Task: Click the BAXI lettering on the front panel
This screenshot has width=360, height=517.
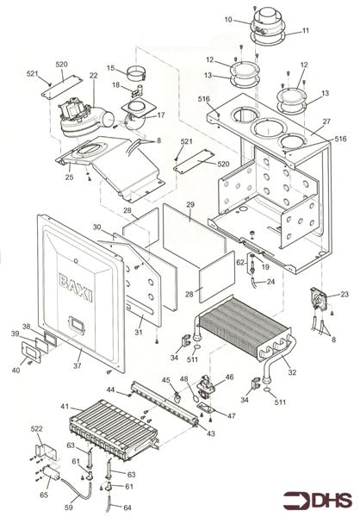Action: pos(76,286)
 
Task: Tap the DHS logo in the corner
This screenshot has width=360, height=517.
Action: pos(318,500)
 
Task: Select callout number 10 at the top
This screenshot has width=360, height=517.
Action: pos(228,20)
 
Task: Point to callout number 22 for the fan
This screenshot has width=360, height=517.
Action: pos(94,76)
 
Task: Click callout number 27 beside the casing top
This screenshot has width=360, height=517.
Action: pos(326,121)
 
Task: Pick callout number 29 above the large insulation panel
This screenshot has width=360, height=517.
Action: pos(190,204)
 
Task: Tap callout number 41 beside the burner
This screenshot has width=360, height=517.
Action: pos(65,406)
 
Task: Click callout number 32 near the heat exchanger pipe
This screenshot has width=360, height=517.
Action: pos(292,372)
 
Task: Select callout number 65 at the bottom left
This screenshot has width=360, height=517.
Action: pos(44,495)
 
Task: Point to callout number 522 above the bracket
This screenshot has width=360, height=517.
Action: pos(36,428)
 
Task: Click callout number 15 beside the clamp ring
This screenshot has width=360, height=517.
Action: pos(111,68)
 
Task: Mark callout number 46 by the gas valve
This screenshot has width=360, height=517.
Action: pos(229,377)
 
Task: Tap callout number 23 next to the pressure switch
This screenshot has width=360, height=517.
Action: pos(344,294)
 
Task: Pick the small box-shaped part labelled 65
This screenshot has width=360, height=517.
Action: pos(51,472)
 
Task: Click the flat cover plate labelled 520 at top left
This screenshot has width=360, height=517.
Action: pos(61,86)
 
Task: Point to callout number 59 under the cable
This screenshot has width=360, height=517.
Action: pos(69,508)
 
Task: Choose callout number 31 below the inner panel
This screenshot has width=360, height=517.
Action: pos(139,332)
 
